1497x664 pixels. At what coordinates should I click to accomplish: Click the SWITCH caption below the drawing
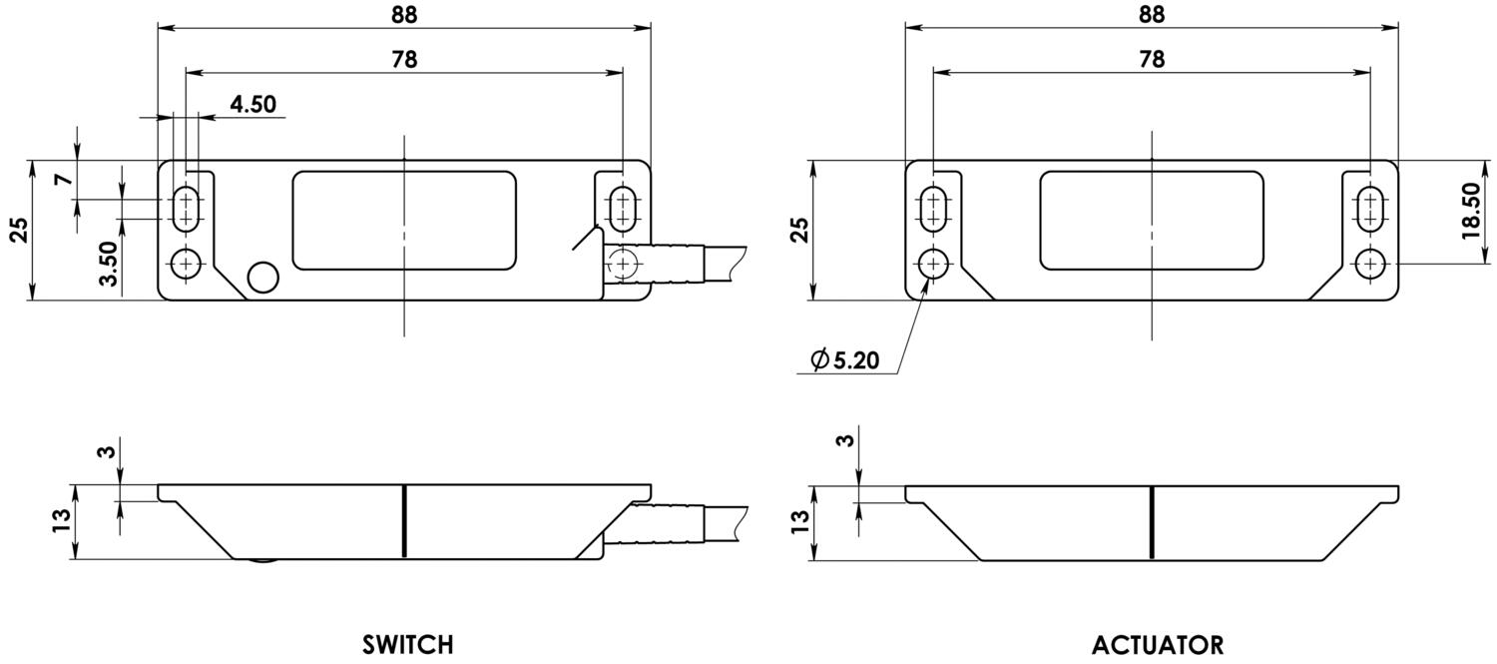[407, 644]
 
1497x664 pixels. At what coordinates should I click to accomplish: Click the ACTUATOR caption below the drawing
[1157, 644]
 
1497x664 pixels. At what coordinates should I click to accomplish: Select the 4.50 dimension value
[252, 105]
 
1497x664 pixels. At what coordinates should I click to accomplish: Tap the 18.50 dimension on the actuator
[1469, 211]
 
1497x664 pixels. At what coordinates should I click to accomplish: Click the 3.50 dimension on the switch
[109, 264]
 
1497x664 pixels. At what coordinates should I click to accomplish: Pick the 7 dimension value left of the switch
[63, 180]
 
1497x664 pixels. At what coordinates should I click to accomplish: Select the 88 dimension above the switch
[404, 14]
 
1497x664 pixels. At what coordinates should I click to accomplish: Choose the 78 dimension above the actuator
[1151, 59]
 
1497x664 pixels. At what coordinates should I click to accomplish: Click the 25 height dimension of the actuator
[798, 230]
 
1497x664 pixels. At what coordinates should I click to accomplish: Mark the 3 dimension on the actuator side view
[847, 440]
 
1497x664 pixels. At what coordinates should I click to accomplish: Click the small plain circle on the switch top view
[263, 277]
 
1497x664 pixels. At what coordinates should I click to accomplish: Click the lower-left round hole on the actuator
[934, 264]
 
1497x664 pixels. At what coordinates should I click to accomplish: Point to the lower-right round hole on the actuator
[1370, 264]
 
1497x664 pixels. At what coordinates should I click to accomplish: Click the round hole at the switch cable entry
[623, 264]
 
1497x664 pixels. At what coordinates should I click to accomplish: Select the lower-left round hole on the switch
[186, 264]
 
